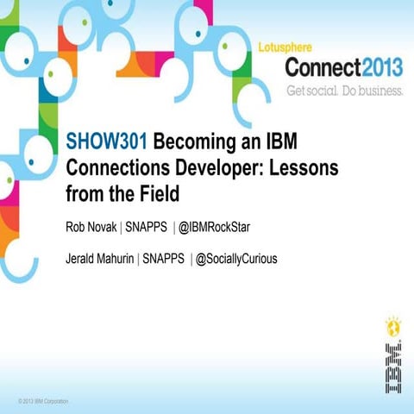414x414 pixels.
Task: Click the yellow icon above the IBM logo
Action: [392, 326]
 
